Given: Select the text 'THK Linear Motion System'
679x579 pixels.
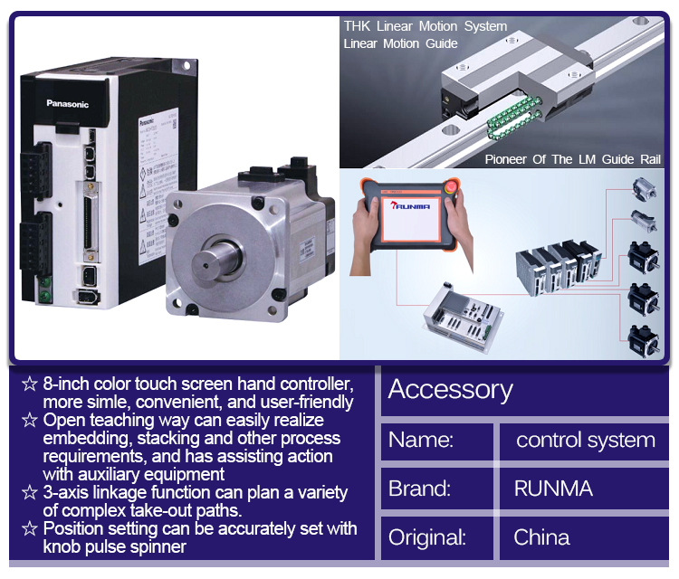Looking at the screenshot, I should coord(425,26).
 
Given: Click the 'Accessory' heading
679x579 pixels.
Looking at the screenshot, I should coord(450,390).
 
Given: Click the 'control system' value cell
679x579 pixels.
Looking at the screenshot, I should coord(585,441).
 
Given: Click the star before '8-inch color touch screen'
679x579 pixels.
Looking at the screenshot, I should coord(30,384).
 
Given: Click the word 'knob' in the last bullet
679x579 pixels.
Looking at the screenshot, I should coord(61,546).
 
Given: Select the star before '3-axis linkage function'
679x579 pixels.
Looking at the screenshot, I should coord(30,493).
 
